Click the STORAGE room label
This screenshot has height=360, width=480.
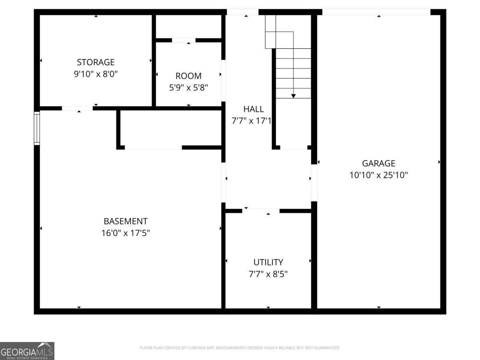coord(96,62)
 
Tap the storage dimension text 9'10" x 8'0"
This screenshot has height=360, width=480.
coord(96,74)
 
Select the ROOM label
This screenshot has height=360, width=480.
coord(188,76)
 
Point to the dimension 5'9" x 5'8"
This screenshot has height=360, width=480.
coord(188,87)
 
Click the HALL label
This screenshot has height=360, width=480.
coord(254,109)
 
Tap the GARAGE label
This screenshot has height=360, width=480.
coord(378,163)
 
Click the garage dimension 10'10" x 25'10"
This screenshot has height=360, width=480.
coord(378,175)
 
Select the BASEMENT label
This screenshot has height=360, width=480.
coord(126,221)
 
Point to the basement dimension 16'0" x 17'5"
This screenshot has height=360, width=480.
coord(126,233)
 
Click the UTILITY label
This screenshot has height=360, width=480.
coord(268,262)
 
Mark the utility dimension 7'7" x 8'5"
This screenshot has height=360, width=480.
coord(268,274)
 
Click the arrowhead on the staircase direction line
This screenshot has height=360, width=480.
coord(293,96)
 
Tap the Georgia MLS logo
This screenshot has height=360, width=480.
coord(27,351)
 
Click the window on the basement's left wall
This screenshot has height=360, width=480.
coord(37,128)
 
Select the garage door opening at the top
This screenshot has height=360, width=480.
coord(376,12)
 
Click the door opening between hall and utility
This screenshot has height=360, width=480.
coord(261,210)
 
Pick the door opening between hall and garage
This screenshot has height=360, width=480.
coord(314,183)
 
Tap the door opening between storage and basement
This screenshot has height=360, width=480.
coord(77,108)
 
